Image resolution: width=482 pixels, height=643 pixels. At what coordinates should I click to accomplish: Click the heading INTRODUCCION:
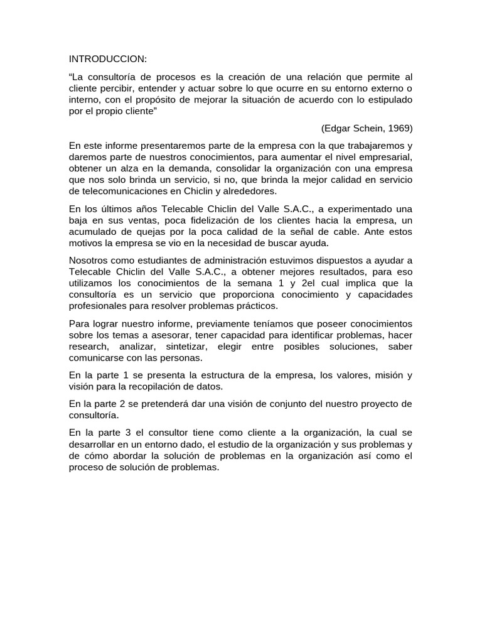pyautogui.click(x=107, y=59)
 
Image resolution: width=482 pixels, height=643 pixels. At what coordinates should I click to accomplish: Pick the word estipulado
pyautogui.click(x=387, y=100)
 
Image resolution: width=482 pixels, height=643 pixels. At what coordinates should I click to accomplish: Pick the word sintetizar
pyautogui.click(x=186, y=347)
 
